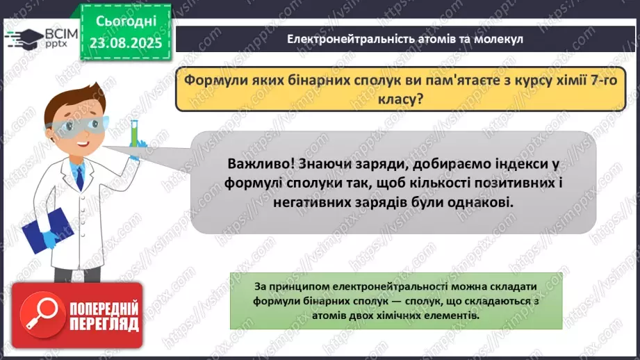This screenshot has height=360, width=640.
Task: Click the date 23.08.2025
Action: tap(126, 42)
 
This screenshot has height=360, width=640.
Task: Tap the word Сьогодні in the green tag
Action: tap(126, 22)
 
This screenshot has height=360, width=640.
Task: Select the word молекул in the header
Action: tap(499, 39)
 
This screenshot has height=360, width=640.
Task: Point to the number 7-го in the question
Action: tap(604, 80)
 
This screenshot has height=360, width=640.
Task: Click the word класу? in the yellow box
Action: tap(400, 99)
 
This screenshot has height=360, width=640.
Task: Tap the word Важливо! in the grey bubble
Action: tap(261, 164)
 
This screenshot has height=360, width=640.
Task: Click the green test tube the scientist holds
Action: tap(133, 133)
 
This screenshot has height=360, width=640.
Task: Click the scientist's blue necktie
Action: tap(80, 179)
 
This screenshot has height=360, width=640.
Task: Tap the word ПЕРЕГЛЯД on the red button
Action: tap(104, 325)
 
